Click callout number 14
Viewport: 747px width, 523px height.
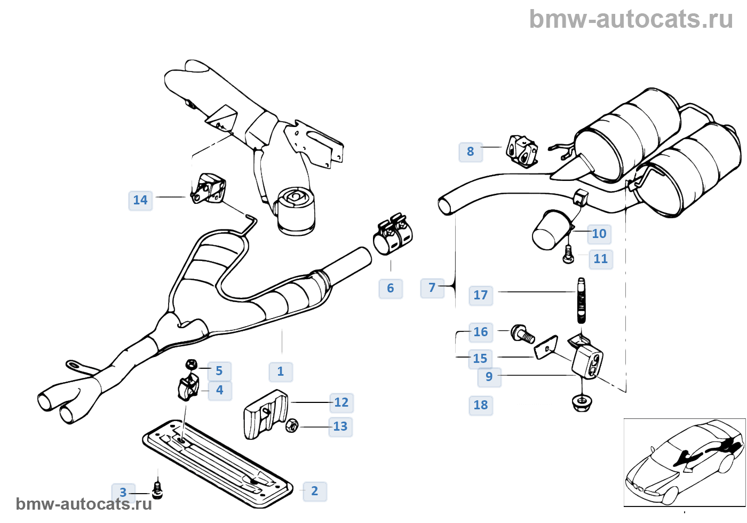tap(140, 200)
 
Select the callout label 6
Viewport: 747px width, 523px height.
tap(391, 288)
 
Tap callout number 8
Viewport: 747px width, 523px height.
tap(470, 152)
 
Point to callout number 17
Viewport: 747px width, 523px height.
tap(480, 295)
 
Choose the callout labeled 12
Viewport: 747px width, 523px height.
tap(341, 402)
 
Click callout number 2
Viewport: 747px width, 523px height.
tap(314, 491)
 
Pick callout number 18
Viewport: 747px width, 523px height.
tap(480, 405)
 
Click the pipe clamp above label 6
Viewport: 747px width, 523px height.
tap(394, 235)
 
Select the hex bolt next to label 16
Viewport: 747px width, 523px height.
tap(522, 334)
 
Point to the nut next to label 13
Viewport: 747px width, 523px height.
tap(292, 426)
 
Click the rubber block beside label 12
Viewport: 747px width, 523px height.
tap(265, 414)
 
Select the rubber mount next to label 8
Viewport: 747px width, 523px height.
tap(522, 150)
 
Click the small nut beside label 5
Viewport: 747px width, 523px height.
tap(191, 364)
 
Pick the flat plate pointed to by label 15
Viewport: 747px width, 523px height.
tap(546, 347)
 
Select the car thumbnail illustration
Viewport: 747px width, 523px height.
tap(684, 462)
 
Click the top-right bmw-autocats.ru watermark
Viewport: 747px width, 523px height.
tap(631, 19)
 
